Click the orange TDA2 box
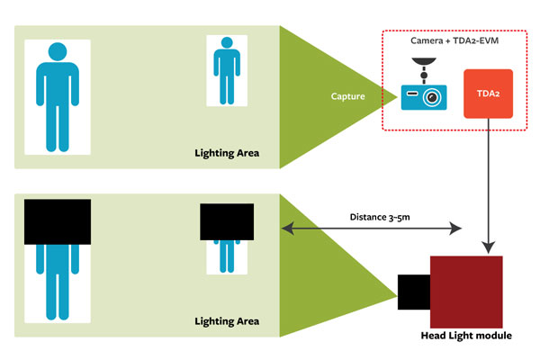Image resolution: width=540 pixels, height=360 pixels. click(487, 94)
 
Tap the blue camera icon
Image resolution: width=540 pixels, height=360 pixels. click(423, 91)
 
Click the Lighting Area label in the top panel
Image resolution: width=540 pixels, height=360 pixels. click(227, 152)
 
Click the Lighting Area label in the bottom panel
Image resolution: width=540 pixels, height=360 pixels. click(227, 321)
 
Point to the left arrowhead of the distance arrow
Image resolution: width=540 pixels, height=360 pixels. click(287, 229)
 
